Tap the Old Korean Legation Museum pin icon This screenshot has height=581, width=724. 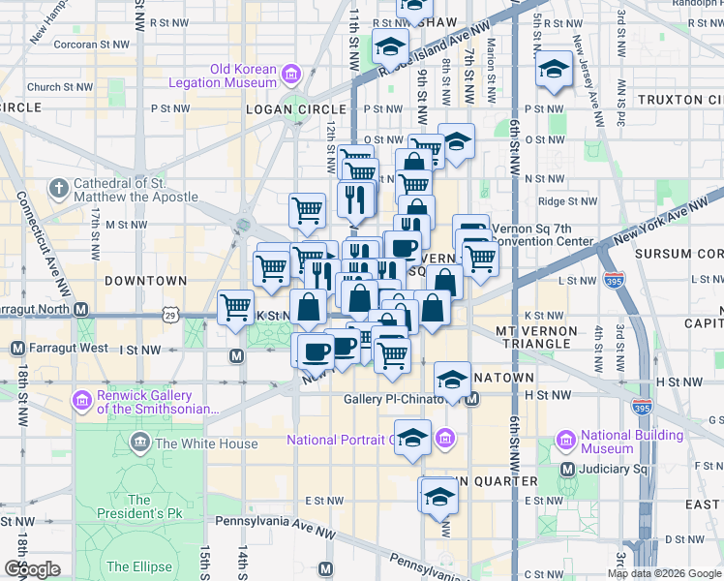[289, 74]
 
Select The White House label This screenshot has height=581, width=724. [206, 443]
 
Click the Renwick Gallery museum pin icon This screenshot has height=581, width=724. [81, 399]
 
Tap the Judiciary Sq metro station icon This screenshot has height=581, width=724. [570, 470]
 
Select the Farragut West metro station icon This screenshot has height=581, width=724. [16, 348]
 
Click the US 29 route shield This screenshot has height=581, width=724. [170, 315]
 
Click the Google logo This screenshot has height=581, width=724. [32, 569]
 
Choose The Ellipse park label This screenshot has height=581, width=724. [139, 566]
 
